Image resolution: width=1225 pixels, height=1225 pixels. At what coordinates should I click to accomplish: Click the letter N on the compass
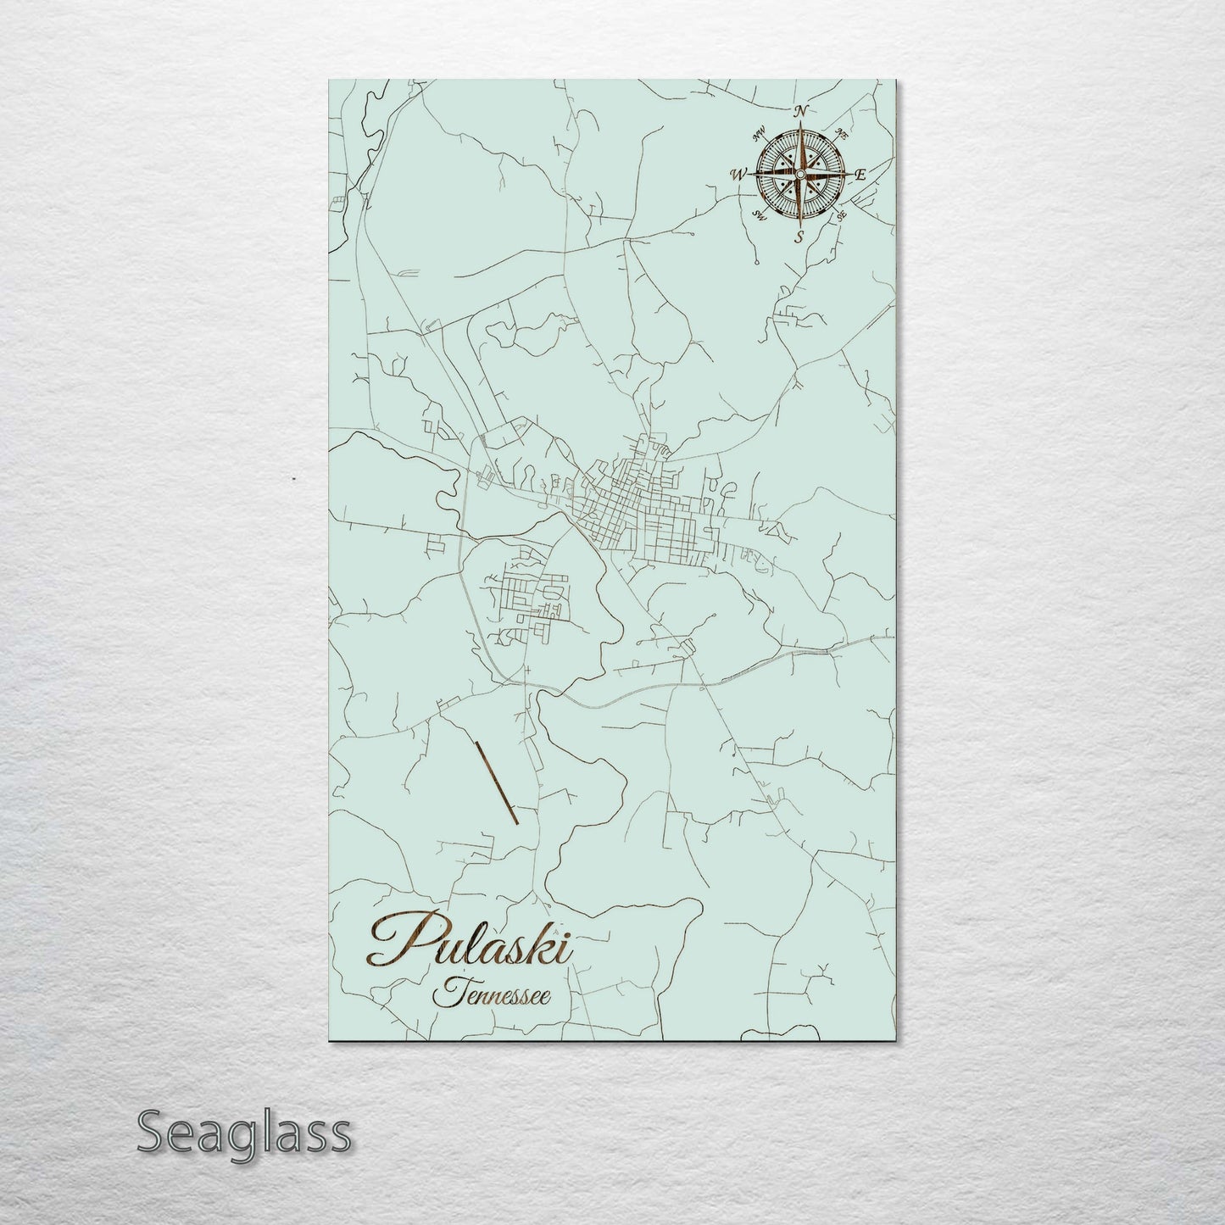pos(800,110)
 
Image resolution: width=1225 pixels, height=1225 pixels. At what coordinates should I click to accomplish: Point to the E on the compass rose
pos(860,175)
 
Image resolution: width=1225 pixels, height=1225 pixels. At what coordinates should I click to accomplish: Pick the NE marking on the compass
pos(840,133)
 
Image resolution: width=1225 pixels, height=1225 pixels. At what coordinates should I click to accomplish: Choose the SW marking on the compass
pos(760,216)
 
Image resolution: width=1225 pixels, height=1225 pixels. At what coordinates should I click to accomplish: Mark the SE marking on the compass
pos(840,215)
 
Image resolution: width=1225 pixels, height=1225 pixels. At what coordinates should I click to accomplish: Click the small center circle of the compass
pos(798,174)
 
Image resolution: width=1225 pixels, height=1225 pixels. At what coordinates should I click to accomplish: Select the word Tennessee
pos(492,994)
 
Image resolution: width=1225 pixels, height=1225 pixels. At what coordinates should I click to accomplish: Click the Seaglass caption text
pos(244,1133)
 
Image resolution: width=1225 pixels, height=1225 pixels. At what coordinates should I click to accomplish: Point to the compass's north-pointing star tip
pos(798,128)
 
